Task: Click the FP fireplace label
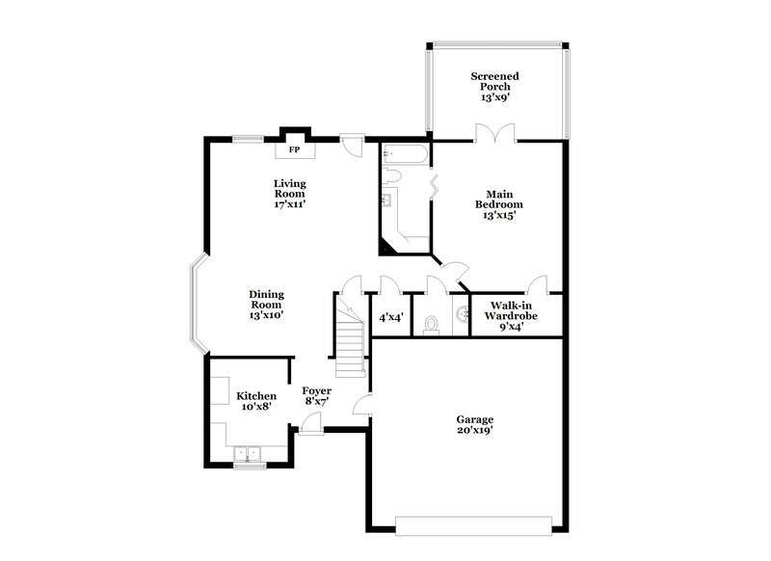pos(294,149)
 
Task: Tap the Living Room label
pos(288,193)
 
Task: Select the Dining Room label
pos(266,304)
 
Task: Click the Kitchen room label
pos(256,401)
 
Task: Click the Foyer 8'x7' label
pos(316,395)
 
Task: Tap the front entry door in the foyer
pos(310,424)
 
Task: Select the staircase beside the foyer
pos(350,336)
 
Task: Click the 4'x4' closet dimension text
pos(390,316)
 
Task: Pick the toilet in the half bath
pos(431,324)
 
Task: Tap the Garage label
pos(475,425)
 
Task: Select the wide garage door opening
pos(473,526)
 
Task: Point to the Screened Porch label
pos(494,86)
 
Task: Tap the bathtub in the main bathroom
pos(403,153)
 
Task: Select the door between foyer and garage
pos(362,405)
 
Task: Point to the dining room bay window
pos(196,305)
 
